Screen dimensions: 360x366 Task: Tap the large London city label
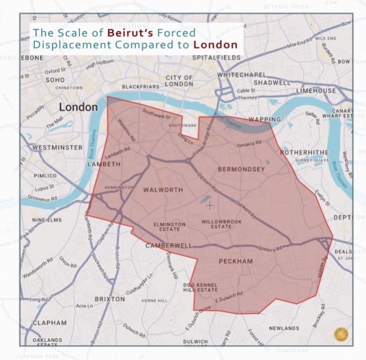79,107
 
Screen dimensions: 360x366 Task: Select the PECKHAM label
236,261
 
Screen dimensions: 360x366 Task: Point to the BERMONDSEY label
241,170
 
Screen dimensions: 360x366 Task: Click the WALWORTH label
162,190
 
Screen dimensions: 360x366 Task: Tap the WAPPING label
265,119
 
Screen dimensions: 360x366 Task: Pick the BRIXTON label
110,299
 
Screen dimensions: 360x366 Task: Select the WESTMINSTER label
58,147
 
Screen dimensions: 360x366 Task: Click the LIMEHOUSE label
316,91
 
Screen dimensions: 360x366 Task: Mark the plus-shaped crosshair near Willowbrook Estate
209,205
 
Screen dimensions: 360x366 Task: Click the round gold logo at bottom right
342,333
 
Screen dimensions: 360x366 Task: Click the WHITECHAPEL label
241,75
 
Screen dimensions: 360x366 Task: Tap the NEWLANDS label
284,328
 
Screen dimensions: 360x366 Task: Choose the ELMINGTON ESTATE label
169,227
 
